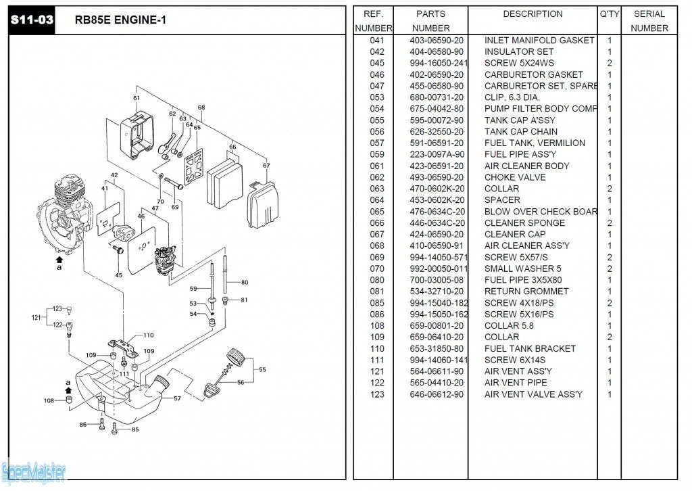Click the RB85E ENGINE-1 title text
coord(120,20)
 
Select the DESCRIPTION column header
coord(533,14)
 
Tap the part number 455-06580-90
coord(437,86)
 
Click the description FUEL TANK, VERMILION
coord(535,143)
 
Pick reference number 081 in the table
coord(377,291)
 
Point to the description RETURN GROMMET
coord(526,291)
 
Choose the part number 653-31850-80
coord(437,348)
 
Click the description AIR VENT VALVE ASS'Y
coord(533,394)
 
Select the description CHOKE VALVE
coord(515,177)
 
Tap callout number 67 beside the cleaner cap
coord(266,165)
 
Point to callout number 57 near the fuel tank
coord(178,399)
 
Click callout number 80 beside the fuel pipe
coord(244,282)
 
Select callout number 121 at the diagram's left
coord(36,317)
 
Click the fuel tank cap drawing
coord(236,354)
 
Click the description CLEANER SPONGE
coord(524,223)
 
